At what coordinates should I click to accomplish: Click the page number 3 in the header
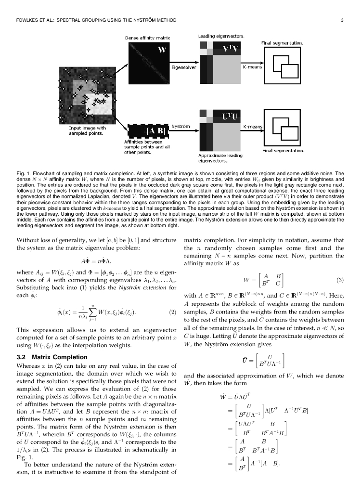coord(341,20)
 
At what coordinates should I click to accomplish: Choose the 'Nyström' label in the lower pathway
coord(180,126)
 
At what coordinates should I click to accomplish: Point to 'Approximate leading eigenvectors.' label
coord(220,158)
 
